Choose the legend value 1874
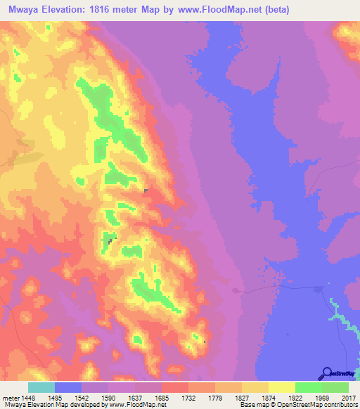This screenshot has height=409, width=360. [268, 398]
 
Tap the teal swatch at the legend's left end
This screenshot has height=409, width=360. [41, 387]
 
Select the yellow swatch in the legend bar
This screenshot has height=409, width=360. [281, 387]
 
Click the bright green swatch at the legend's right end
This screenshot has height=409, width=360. [335, 387]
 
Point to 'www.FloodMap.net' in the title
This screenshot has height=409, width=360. [216, 9]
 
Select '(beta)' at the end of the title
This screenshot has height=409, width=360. [274, 9]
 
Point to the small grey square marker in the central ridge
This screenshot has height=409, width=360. [146, 190]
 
